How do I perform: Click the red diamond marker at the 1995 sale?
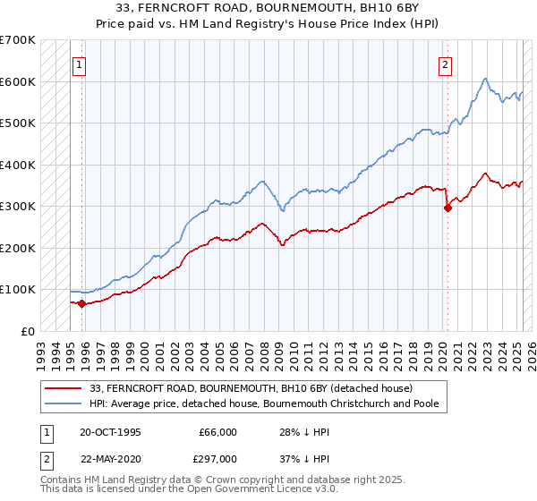[x=81, y=303]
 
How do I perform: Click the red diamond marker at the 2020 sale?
[x=447, y=208]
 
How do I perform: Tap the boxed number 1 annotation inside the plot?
[x=80, y=64]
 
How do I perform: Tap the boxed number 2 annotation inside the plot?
[x=445, y=64]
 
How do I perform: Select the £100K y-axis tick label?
[x=18, y=290]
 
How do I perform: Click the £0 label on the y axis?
[x=28, y=331]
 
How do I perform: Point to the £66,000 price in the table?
[x=217, y=431]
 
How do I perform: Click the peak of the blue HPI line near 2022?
[x=484, y=79]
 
